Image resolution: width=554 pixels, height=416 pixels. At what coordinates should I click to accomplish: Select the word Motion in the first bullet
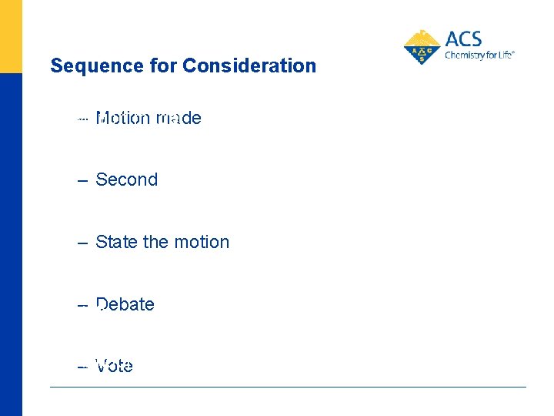click(x=122, y=119)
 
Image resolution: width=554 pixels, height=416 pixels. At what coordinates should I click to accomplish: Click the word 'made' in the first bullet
click(x=179, y=119)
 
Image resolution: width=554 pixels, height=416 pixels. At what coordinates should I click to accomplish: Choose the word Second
click(x=126, y=180)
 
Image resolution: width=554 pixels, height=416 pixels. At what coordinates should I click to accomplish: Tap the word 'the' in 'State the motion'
click(x=155, y=243)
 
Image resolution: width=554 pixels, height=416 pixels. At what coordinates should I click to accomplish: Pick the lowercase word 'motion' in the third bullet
click(x=201, y=243)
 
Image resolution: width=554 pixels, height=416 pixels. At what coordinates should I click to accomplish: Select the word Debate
click(x=125, y=305)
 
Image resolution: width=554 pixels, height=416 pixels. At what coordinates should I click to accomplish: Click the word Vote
click(x=114, y=367)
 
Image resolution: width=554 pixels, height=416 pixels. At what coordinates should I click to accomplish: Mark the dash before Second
click(x=83, y=181)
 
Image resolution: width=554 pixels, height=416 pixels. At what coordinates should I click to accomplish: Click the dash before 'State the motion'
click(x=83, y=243)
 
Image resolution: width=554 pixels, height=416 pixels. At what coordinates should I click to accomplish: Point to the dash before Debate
click(x=83, y=306)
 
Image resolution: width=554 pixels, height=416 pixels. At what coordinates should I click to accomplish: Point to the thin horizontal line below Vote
click(x=288, y=387)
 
